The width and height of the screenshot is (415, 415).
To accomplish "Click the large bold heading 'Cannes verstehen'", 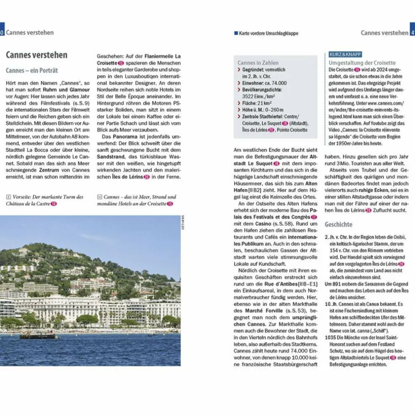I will pos(36,55).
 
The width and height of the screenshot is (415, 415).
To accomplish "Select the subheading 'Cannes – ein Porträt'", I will pos(32,70).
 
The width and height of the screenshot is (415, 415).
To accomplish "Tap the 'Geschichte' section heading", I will pos(338,224).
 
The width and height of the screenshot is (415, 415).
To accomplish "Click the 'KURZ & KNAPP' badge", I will pos(344,55).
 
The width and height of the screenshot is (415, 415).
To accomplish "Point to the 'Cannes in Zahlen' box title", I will pos(258,62).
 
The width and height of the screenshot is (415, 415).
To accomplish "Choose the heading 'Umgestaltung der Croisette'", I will pos(362,62).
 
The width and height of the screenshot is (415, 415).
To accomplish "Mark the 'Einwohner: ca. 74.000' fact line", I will pos(264,83).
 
